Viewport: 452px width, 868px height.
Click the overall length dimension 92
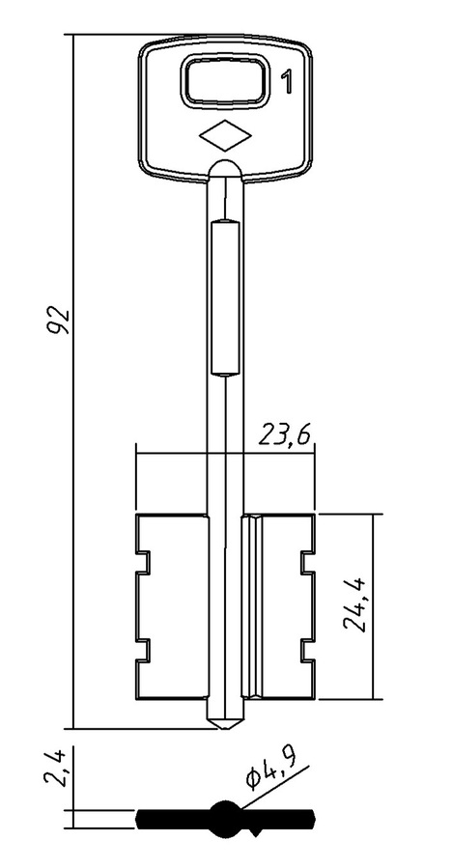(59, 319)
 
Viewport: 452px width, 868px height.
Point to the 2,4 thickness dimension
(55, 768)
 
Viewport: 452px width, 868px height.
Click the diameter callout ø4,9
(270, 772)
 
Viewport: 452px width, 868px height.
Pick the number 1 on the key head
(287, 82)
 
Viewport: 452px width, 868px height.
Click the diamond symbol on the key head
(225, 135)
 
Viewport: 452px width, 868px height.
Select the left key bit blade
(172, 606)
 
